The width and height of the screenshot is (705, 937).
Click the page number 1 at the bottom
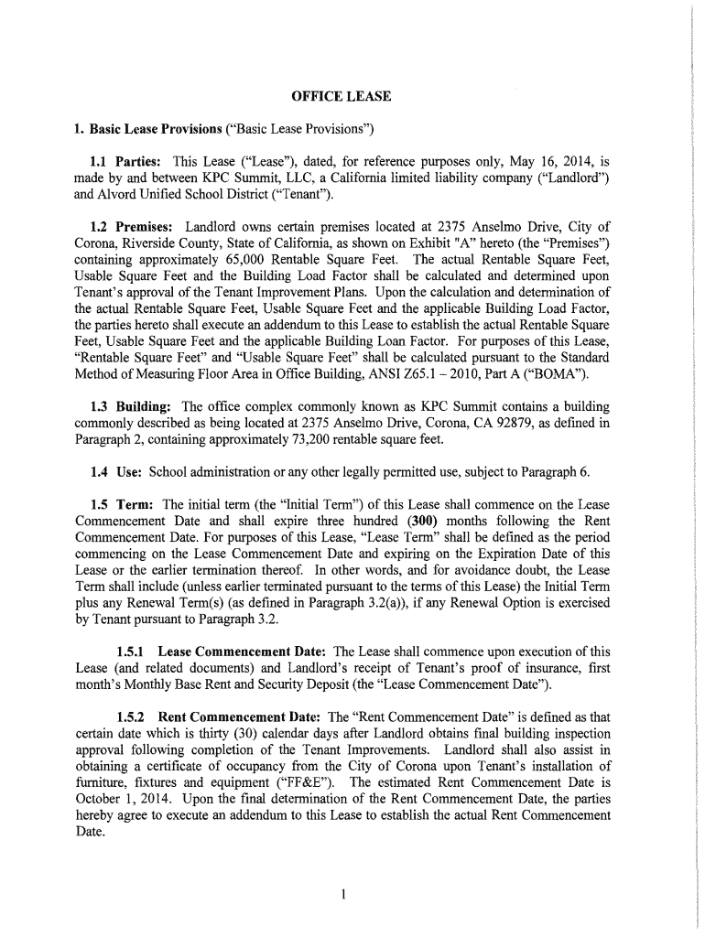point(342,894)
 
